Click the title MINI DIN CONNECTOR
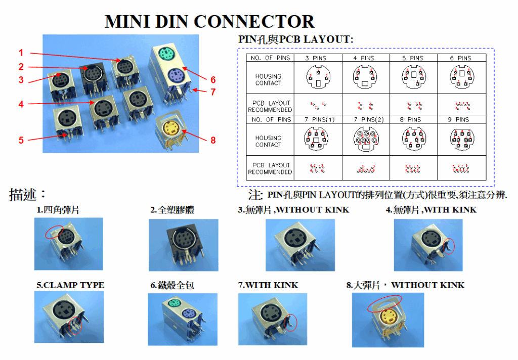coord(209,21)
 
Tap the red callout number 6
coord(213,80)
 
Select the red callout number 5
coord(21,140)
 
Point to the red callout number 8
coord(213,140)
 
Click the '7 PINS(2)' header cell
coord(365,120)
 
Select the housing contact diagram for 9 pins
coord(461,139)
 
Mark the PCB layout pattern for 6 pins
coord(462,106)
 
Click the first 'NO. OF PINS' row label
coord(270,58)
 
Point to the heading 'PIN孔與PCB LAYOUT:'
coord(295,39)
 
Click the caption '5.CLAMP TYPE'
coord(70,285)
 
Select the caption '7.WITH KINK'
coord(268,285)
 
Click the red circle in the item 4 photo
coord(448,246)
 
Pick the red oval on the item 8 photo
coord(384,304)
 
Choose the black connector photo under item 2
coord(183,245)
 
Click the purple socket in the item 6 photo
coord(189,316)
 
